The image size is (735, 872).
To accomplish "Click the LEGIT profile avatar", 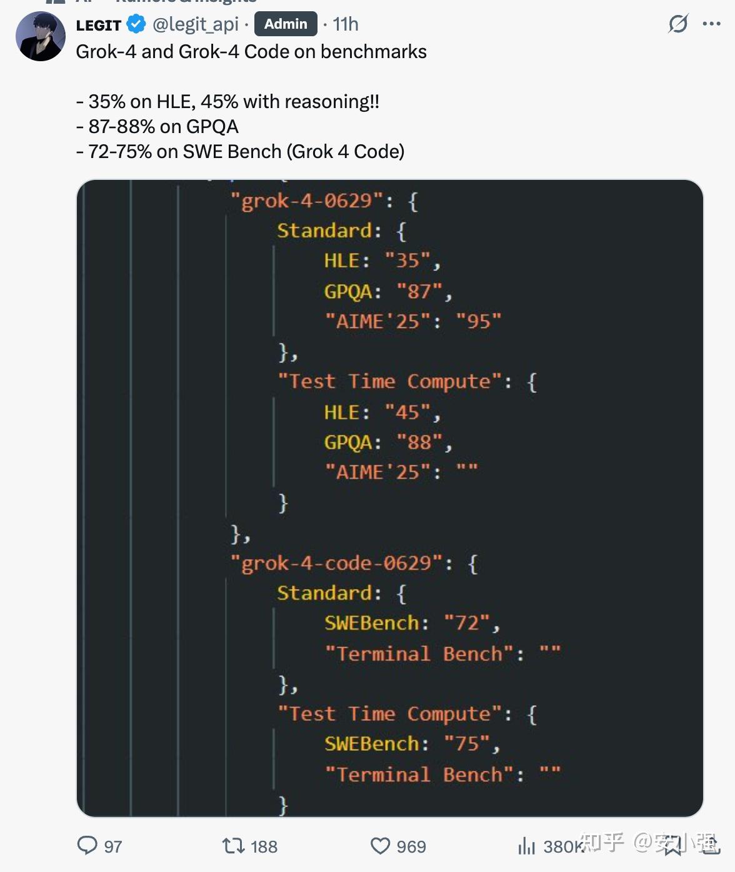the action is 41,36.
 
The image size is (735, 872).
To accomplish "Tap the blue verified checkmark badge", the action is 136,24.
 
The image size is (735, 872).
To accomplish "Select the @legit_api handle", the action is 196,24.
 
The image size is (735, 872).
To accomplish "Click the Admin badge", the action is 286,24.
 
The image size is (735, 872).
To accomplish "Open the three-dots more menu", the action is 711,24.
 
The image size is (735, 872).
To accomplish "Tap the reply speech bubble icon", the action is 87,845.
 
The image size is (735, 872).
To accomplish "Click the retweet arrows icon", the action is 233,846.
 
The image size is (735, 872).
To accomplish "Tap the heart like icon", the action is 380,846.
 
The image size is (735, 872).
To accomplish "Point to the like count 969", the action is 411,846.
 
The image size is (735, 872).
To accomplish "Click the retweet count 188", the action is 264,846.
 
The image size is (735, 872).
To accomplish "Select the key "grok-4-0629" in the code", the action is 306,201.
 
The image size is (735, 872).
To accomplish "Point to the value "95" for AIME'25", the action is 479,322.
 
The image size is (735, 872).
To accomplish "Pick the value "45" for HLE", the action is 407,412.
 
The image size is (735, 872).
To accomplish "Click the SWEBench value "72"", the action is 467,623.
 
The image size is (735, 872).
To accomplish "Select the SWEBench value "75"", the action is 467,743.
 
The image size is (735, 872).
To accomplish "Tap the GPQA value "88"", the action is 419,442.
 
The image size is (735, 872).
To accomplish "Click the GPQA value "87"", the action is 419,291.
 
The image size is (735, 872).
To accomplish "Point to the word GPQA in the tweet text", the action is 212,127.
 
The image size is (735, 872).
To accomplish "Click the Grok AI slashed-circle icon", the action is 678,24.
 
